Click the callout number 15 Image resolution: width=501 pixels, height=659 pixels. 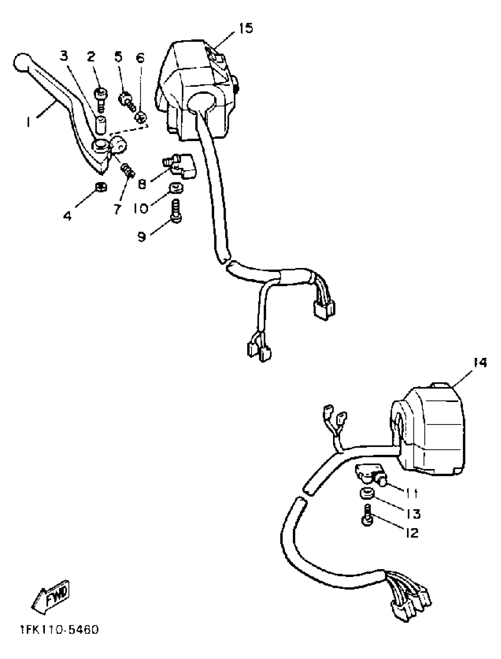[x=246, y=28]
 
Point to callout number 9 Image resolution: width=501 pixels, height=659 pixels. [x=142, y=237]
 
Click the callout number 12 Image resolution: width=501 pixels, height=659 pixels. [x=412, y=533]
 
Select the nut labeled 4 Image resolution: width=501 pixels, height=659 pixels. [x=101, y=187]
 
